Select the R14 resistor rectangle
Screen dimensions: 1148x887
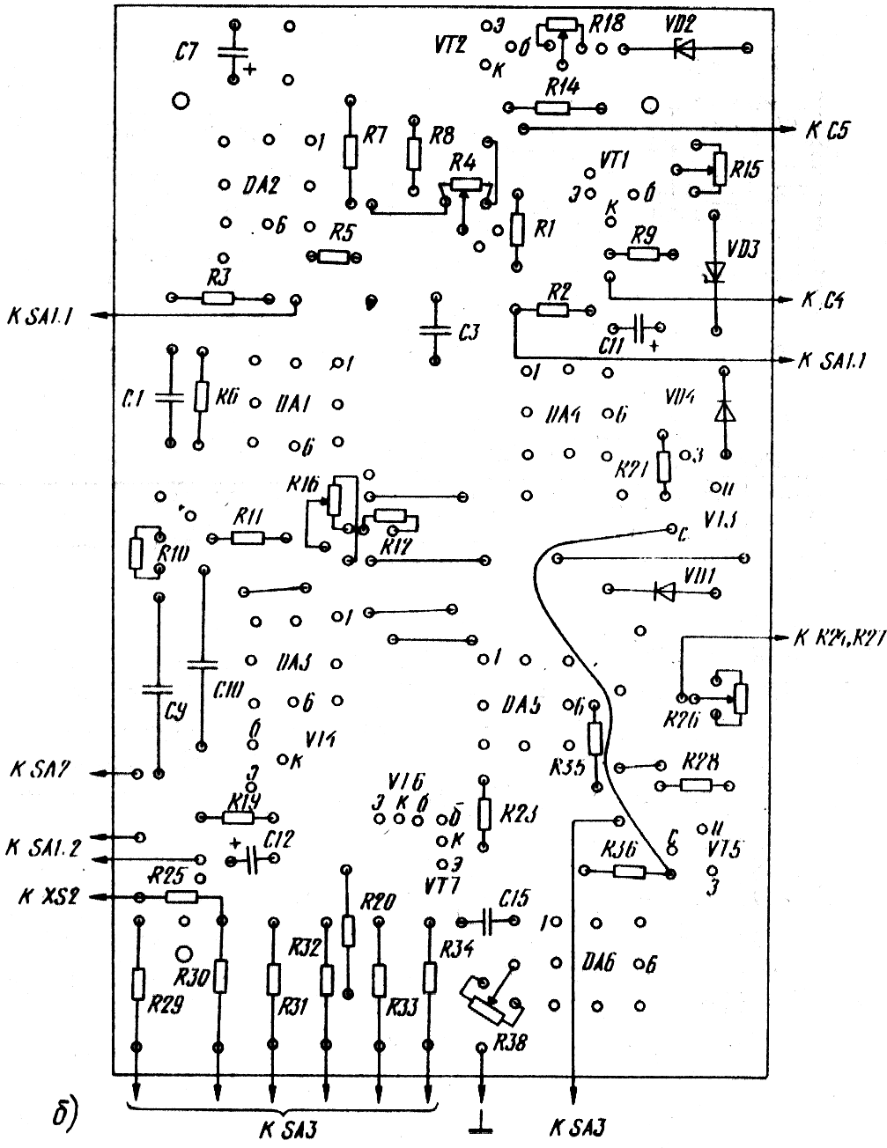(x=553, y=107)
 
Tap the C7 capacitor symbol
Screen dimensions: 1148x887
(x=233, y=53)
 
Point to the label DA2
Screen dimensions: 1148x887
(x=262, y=186)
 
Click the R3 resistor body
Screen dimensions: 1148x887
(x=218, y=298)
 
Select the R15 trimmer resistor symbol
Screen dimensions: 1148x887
(x=720, y=169)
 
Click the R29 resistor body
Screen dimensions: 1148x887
(x=137, y=983)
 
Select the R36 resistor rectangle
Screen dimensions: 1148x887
(x=627, y=872)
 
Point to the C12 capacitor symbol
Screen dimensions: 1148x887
(x=250, y=860)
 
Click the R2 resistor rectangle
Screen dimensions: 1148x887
(x=554, y=310)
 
